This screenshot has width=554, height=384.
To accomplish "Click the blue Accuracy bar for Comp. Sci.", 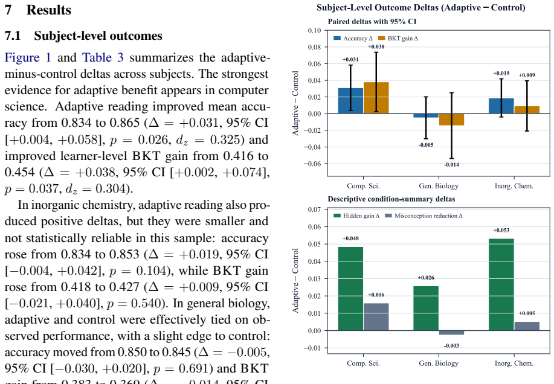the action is (x=350, y=101).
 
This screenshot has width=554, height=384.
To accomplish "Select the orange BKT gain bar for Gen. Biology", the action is (x=451, y=120).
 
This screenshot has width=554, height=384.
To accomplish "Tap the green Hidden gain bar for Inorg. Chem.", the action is (x=501, y=284).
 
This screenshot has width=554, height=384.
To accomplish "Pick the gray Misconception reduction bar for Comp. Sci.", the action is (x=376, y=317).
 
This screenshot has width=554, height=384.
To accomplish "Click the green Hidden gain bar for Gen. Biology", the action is (x=426, y=308).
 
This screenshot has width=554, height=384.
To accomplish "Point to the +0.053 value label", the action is (x=501, y=231).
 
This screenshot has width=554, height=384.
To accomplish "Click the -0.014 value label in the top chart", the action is (x=451, y=165).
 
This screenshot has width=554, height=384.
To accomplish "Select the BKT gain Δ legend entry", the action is (x=398, y=38).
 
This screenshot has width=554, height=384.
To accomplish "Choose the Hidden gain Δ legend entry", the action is (x=356, y=216).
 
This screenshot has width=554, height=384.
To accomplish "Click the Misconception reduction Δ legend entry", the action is (x=424, y=216).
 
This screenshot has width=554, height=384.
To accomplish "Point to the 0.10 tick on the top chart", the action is (x=314, y=30).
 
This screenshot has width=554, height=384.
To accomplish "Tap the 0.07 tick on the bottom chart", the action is (x=314, y=210).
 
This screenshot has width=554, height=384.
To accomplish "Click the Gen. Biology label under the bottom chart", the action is (x=439, y=363).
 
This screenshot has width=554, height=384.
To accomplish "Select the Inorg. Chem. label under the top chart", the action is (x=514, y=186).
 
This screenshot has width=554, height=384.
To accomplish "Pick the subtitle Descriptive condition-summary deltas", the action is (x=391, y=199).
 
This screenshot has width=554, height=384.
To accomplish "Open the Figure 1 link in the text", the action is (x=28, y=57).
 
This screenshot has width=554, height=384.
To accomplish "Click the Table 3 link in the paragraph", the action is (x=103, y=57).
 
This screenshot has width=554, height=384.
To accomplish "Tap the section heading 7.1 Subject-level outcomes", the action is (x=83, y=36).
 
